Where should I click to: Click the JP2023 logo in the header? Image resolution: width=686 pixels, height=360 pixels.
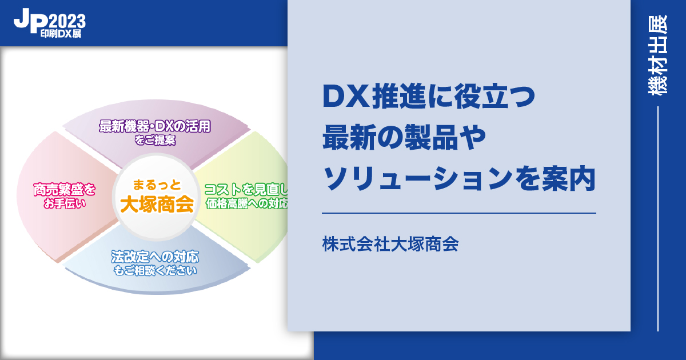pos(50,23)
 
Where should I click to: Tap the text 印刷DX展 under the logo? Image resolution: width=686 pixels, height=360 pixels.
pos(61,34)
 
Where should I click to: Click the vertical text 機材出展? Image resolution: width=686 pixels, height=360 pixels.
pos(658,55)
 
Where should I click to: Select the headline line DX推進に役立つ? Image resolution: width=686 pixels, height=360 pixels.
pos(429,96)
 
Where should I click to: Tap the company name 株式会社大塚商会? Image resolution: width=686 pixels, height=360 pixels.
pos(390,245)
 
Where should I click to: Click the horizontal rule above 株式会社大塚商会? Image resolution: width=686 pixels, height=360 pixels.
pos(458,213)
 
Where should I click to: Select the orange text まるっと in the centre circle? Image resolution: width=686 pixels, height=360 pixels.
pos(157,185)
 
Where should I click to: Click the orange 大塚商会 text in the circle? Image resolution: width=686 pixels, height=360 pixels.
pos(157,204)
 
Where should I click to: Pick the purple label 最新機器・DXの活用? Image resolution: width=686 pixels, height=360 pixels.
pos(155,126)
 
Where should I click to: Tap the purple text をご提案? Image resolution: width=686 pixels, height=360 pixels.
pos(155,140)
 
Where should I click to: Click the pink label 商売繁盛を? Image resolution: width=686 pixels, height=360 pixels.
pos(64,190)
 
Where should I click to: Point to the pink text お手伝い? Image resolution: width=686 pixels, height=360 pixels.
pos(64,203)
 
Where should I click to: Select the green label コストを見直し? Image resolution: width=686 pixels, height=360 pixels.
pos(246,190)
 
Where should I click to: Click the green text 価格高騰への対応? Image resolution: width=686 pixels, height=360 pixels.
pos(246,203)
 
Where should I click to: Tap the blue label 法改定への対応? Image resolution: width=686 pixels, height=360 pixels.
pos(155,257)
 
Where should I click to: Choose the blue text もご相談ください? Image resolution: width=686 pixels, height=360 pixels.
pos(155,271)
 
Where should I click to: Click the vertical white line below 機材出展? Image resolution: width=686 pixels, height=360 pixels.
pos(658,219)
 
